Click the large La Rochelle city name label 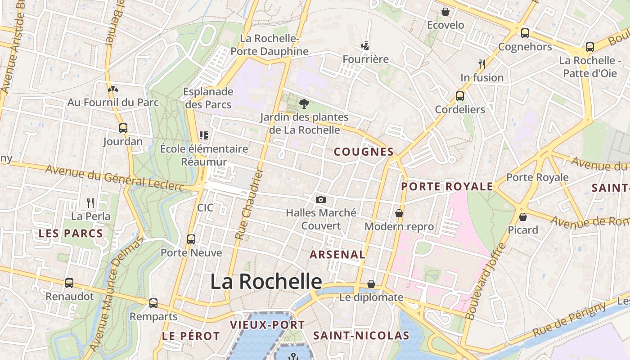(x=266, y=282)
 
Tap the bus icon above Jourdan (x=123, y=128)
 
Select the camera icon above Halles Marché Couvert (x=320, y=199)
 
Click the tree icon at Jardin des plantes (x=304, y=104)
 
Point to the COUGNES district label (x=364, y=152)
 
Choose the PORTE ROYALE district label (x=447, y=186)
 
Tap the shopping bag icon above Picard (x=523, y=217)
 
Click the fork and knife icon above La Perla (x=90, y=203)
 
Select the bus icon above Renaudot (x=69, y=283)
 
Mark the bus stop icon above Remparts (x=153, y=303)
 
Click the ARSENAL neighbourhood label (x=337, y=254)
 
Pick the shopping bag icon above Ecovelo (x=445, y=12)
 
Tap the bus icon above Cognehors (x=525, y=33)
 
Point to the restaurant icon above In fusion (x=482, y=64)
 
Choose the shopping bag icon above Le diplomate (x=371, y=284)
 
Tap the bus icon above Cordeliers (x=460, y=96)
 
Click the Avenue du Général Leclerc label (x=115, y=177)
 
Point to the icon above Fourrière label (x=365, y=46)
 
